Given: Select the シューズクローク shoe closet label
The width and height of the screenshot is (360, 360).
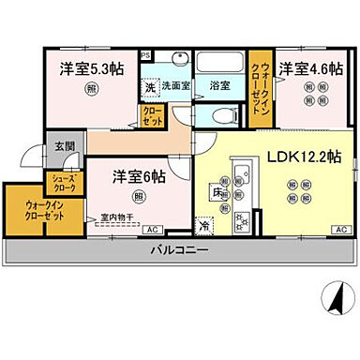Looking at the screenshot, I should pos(64,182).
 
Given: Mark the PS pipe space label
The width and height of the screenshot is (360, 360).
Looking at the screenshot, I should pos(144,56).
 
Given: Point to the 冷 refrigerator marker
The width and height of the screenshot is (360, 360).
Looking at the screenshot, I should pos(203,225).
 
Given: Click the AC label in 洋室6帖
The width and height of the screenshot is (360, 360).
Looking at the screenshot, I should pos(152,229).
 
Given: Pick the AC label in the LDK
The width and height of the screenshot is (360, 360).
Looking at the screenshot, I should pos(339,229).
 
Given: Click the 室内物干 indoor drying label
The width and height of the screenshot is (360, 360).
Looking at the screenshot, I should pos(112,217).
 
